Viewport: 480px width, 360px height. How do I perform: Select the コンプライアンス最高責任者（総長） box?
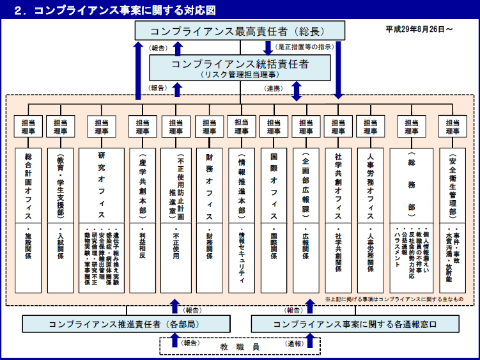coord(239,31)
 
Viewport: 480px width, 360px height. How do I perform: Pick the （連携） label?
coord(274,88)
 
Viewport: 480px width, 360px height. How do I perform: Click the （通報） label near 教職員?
coord(295,343)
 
